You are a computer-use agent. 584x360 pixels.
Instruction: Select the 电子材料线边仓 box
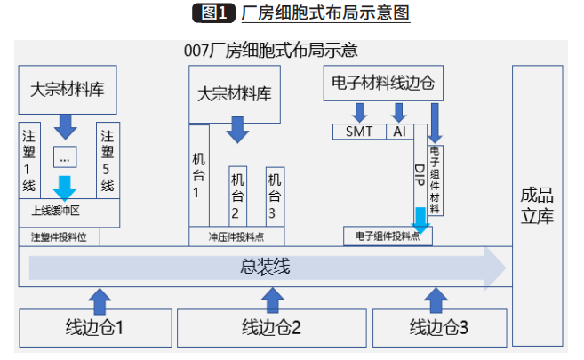click(381, 83)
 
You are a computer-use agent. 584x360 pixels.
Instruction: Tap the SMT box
click(359, 132)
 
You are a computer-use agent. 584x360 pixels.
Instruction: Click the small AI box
click(398, 132)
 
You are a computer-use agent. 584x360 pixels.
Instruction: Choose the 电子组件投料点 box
click(387, 236)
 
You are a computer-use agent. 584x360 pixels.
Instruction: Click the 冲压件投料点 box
click(236, 237)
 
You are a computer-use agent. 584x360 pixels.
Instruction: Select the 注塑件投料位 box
click(59, 237)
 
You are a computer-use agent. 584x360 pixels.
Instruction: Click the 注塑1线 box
click(29, 160)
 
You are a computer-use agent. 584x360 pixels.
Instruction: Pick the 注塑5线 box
click(108, 160)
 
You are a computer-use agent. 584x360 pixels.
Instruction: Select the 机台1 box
click(198, 175)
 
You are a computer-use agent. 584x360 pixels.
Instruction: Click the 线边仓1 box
click(94, 327)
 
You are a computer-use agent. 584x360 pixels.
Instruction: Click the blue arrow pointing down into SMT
click(359, 112)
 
